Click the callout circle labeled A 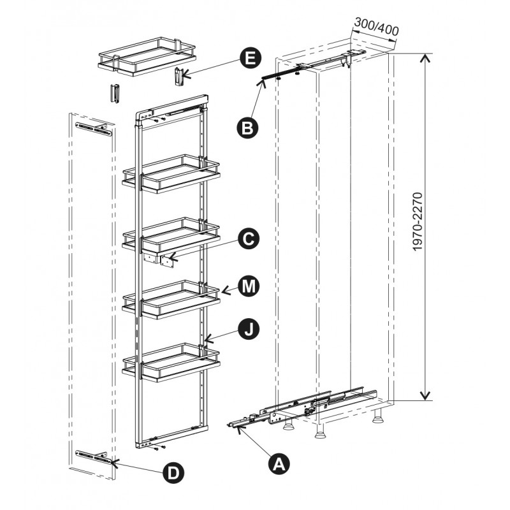click(279, 463)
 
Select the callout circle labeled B click(247, 128)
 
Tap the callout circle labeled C click(249, 239)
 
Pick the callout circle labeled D click(173, 472)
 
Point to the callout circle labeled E click(251, 58)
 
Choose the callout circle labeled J click(249, 330)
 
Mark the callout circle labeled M click(249, 286)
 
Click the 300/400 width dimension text click(377, 27)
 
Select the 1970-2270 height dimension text click(418, 222)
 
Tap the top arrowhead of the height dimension click(425, 58)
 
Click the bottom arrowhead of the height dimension click(425, 395)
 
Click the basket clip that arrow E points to click(179, 76)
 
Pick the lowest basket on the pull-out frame click(171, 362)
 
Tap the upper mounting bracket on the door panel click(94, 129)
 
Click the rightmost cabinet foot click(377, 416)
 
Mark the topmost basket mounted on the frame click(171, 173)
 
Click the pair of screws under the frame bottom click(160, 448)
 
